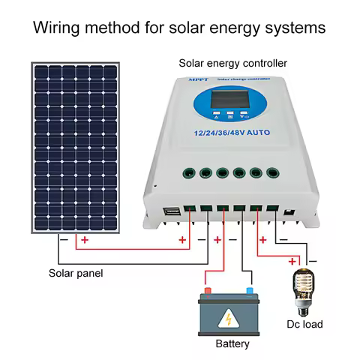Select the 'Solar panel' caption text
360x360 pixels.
pyautogui.click(x=76, y=273)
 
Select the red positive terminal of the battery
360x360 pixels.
pyautogui.click(x=208, y=290)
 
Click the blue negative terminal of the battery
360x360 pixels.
pyautogui.click(x=249, y=290)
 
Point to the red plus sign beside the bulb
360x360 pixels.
pyautogui.click(x=292, y=261)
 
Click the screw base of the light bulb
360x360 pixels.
pyautogui.click(x=302, y=307)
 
